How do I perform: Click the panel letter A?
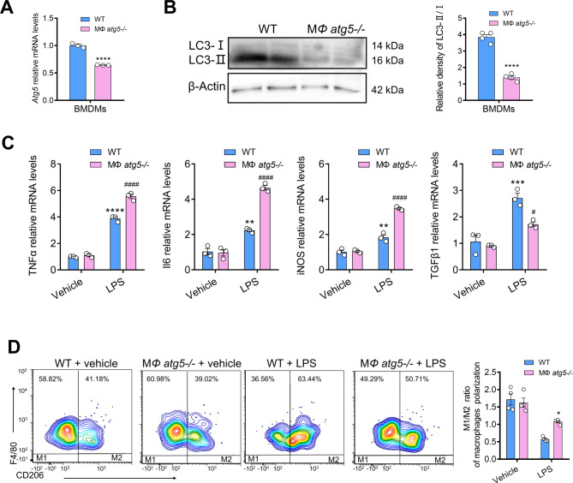pos(9,9)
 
